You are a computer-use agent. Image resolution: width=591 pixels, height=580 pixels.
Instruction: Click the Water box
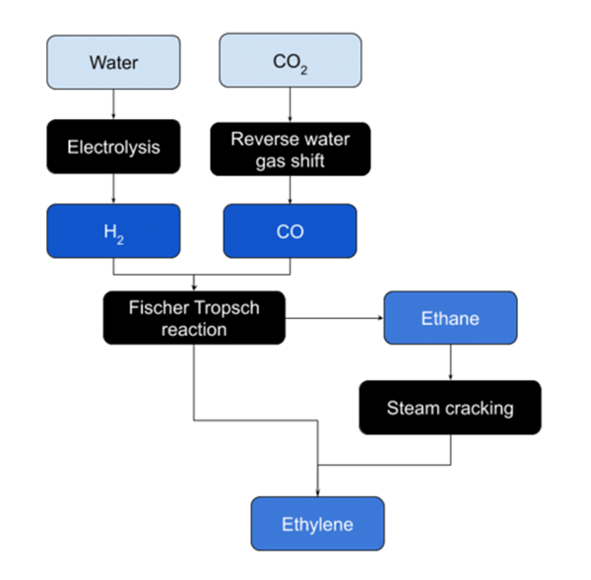(x=114, y=62)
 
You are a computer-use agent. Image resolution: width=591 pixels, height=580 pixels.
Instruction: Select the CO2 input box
(x=290, y=62)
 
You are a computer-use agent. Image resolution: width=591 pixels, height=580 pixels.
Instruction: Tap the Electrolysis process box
(x=114, y=147)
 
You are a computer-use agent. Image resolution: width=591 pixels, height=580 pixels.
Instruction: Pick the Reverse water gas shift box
(x=290, y=147)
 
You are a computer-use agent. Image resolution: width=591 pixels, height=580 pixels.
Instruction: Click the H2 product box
(x=114, y=231)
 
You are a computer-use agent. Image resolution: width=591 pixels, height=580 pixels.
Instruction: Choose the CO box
(x=290, y=231)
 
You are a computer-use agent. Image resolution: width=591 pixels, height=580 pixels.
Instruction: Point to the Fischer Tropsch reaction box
(x=193, y=318)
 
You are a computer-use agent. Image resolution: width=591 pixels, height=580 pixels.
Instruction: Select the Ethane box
(x=450, y=318)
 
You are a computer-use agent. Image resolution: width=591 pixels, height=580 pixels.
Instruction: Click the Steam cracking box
(x=450, y=407)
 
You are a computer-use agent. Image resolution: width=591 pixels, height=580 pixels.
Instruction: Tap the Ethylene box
(x=318, y=523)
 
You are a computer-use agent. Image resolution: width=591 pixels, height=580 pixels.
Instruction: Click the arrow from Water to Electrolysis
(x=114, y=104)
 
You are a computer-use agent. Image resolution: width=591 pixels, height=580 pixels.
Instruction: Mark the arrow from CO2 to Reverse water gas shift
(x=290, y=104)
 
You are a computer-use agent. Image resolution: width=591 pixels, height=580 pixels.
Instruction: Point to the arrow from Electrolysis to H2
(x=114, y=189)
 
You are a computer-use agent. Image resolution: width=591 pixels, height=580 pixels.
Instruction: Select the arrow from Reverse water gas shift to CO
(x=290, y=189)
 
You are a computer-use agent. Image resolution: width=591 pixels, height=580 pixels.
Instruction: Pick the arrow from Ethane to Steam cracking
(x=450, y=362)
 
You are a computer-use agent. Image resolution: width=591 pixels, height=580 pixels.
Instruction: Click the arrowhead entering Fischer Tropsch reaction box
(x=193, y=287)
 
